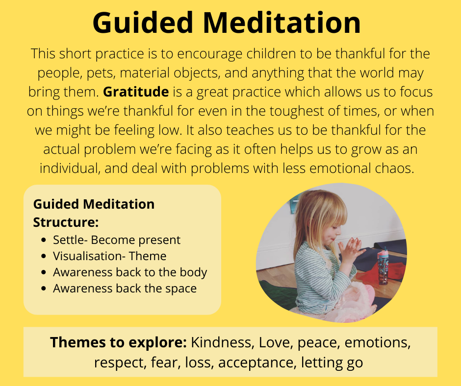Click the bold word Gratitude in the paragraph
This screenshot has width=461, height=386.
click(x=136, y=92)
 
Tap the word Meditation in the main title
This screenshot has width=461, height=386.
click(x=282, y=23)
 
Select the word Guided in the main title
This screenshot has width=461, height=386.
click(x=143, y=23)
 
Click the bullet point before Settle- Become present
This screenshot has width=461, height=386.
click(x=44, y=240)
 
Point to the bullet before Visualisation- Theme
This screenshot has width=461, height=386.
click(x=44, y=256)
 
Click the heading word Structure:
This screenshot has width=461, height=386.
click(x=66, y=222)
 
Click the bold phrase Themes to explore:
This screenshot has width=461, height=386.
click(x=118, y=342)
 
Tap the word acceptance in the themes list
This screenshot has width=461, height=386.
click(x=256, y=362)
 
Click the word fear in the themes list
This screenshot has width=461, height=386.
click(x=166, y=362)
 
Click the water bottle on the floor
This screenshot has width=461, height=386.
click(x=383, y=266)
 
